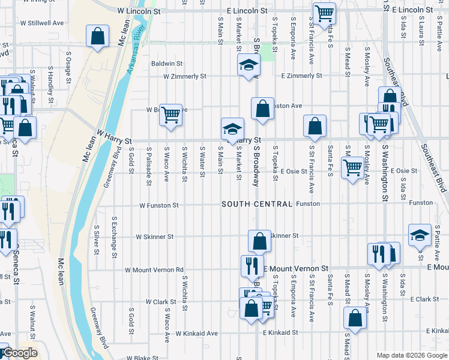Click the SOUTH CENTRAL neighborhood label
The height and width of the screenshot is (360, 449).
click(x=257, y=205)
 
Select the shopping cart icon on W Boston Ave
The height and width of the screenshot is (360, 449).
click(x=171, y=113)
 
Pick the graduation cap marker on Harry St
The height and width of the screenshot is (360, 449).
click(x=232, y=128)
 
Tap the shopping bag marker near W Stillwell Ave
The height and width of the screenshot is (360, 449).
click(x=97, y=37)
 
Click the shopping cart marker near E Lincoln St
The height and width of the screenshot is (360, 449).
click(x=324, y=13)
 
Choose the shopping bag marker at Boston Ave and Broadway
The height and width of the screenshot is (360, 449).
click(x=262, y=109)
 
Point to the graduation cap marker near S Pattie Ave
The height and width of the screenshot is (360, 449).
click(x=420, y=235)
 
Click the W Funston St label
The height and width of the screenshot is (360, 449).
click(x=159, y=205)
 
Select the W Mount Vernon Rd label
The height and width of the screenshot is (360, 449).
click(x=154, y=270)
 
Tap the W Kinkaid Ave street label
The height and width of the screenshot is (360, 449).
click(x=196, y=333)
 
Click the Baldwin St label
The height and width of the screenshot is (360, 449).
click(x=167, y=63)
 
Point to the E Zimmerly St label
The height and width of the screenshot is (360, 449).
click(x=302, y=76)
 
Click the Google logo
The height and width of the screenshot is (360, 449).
click(x=20, y=353)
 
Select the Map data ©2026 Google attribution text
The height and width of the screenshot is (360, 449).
click(x=411, y=356)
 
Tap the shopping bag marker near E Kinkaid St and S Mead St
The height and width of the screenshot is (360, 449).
click(x=355, y=319)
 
